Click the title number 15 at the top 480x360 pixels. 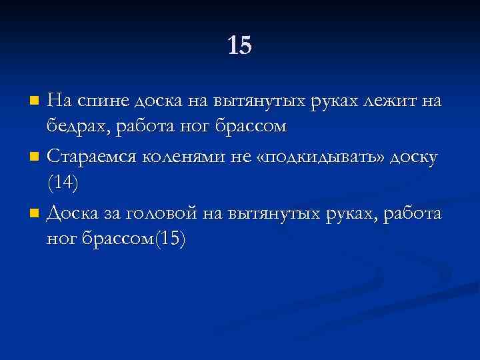tap(240, 45)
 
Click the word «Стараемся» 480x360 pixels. tap(93, 157)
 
